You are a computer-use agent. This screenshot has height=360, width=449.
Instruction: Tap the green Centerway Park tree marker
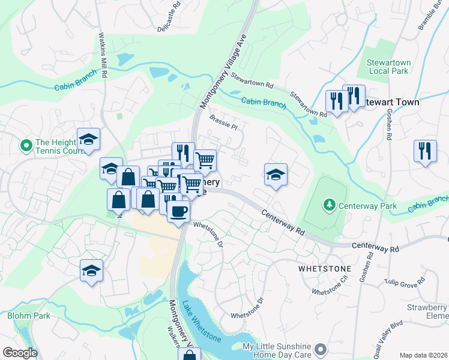pyautogui.click(x=329, y=206)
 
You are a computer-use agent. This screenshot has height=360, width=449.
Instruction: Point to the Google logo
pyautogui.click(x=19, y=353)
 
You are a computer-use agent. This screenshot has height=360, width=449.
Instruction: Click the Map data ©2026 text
pyautogui.click(x=423, y=355)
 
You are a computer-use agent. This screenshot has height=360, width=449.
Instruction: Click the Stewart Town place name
pyautogui.click(x=391, y=103)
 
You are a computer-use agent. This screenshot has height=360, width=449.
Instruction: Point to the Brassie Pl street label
pyautogui.click(x=224, y=122)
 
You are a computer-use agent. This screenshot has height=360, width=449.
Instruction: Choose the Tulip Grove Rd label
pyautogui.click(x=405, y=284)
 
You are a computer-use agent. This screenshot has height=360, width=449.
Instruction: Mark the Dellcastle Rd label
pyautogui.click(x=169, y=20)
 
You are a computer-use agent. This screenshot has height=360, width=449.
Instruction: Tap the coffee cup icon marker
pyautogui.click(x=179, y=211)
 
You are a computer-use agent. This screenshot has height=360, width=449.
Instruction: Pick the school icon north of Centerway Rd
pyautogui.click(x=276, y=175)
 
